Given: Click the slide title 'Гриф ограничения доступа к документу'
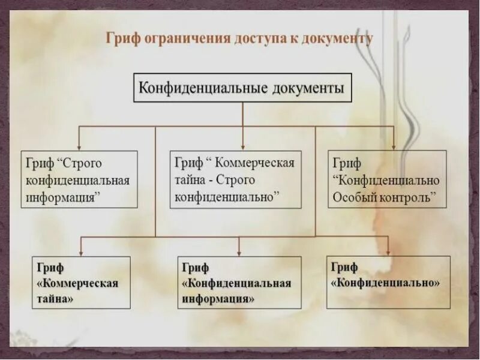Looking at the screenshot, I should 239,39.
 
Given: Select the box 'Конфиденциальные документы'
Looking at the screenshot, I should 242,88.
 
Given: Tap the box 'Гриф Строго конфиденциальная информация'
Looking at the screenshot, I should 79,179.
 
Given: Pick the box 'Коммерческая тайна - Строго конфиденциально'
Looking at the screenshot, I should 235,179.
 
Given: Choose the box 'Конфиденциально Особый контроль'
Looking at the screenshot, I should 387,179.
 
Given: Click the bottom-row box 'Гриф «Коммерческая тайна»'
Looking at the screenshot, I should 81,283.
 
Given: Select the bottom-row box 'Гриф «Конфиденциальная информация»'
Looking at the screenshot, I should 239,283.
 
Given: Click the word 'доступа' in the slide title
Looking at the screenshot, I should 267,39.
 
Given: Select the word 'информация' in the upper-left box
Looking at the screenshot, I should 62,196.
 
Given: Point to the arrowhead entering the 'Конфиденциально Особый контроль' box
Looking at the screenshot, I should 394,146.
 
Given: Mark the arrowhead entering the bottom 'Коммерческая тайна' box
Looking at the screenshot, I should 81,253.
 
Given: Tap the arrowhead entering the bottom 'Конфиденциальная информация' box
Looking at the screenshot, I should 239,253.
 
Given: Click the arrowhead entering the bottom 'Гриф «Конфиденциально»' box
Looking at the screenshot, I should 388,252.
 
